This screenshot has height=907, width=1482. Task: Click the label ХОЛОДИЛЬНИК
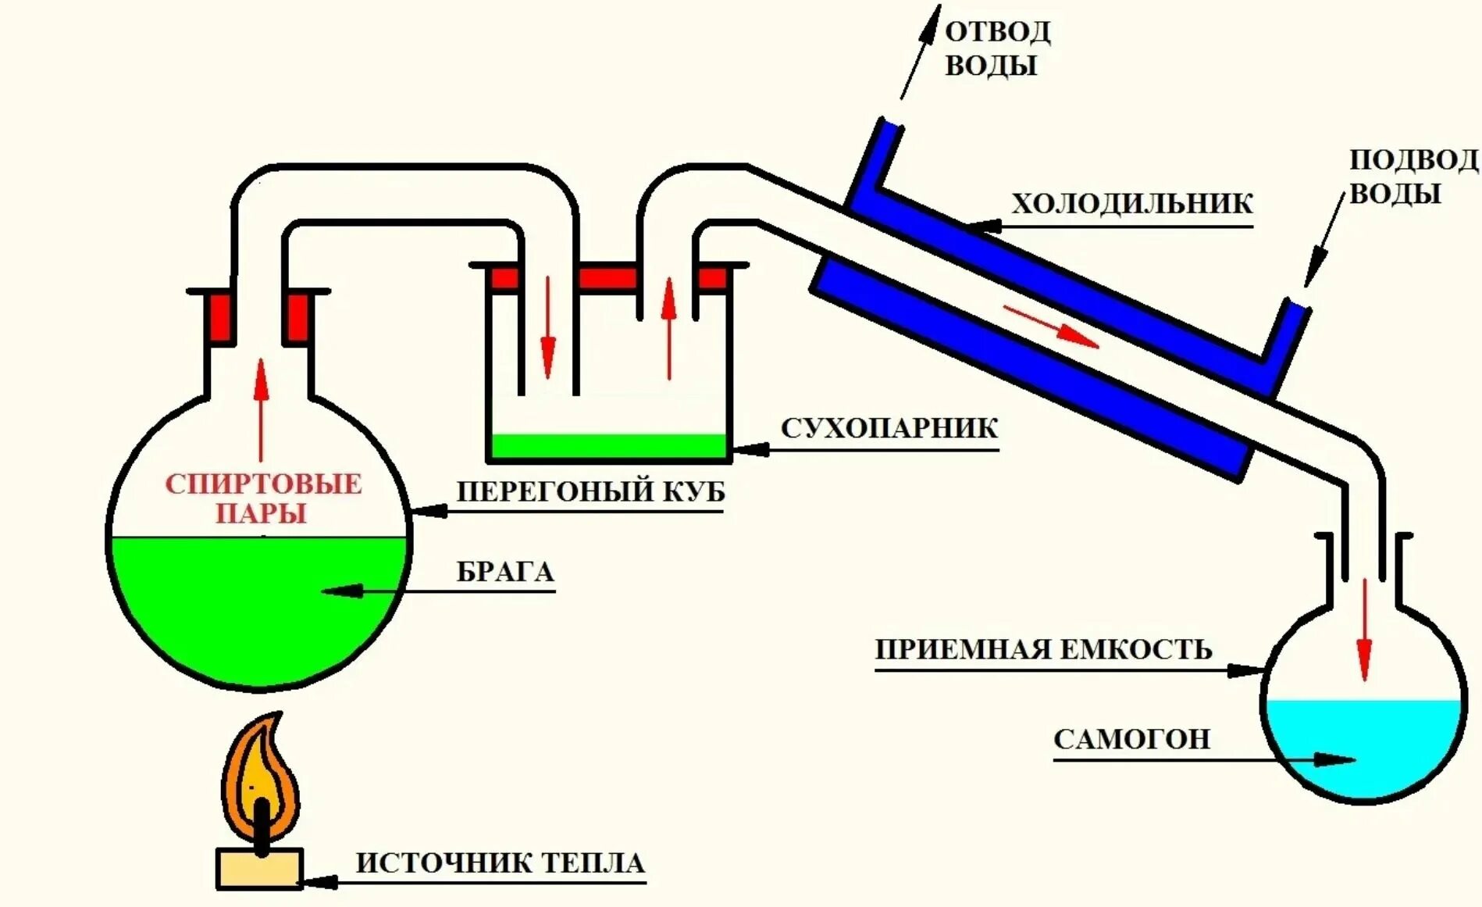point(1131,205)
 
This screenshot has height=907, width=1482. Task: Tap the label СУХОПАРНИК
point(889,429)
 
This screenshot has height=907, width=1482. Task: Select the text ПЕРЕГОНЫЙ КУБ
point(590,491)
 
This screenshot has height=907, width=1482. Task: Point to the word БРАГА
point(505,572)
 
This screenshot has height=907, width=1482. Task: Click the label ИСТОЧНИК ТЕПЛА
point(501,863)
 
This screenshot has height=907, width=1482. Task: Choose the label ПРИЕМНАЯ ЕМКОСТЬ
point(1043,650)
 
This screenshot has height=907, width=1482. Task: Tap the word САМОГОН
point(1131,739)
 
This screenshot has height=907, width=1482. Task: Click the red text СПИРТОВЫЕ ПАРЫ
point(263,498)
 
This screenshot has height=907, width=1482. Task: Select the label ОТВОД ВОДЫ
point(997,48)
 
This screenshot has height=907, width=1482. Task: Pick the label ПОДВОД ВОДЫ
point(1413,177)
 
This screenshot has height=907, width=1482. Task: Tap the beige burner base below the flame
point(259,869)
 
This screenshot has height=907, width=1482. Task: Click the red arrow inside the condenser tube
point(1051,327)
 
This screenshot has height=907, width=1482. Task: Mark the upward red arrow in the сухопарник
point(668,328)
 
